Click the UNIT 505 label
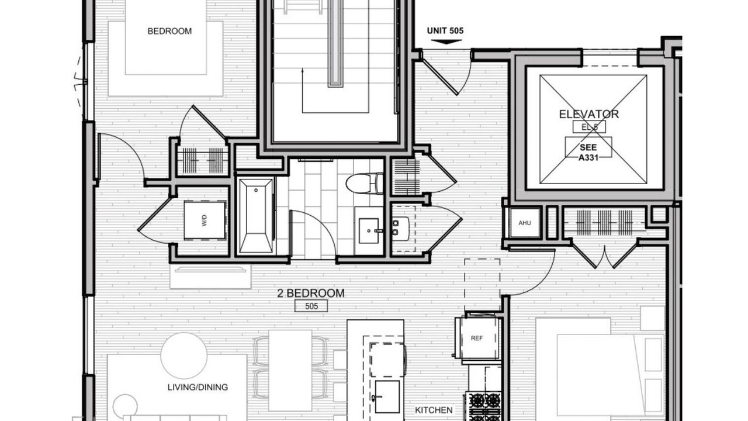click(x=445, y=31)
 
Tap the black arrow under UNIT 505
click(x=446, y=42)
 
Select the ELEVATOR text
click(x=588, y=114)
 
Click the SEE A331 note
click(x=588, y=152)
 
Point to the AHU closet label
click(x=525, y=223)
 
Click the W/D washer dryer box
click(x=205, y=220)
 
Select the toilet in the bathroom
click(x=364, y=183)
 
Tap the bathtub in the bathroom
click(x=256, y=216)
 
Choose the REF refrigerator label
click(x=476, y=338)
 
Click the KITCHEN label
click(x=434, y=410)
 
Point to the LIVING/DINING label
click(x=198, y=387)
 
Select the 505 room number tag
click(x=311, y=306)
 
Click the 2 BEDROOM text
click(x=311, y=293)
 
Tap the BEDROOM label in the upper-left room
click(x=169, y=31)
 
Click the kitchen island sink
click(x=387, y=396)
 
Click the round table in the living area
click(x=184, y=356)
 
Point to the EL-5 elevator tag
click(x=589, y=127)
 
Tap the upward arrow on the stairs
click(x=303, y=91)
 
